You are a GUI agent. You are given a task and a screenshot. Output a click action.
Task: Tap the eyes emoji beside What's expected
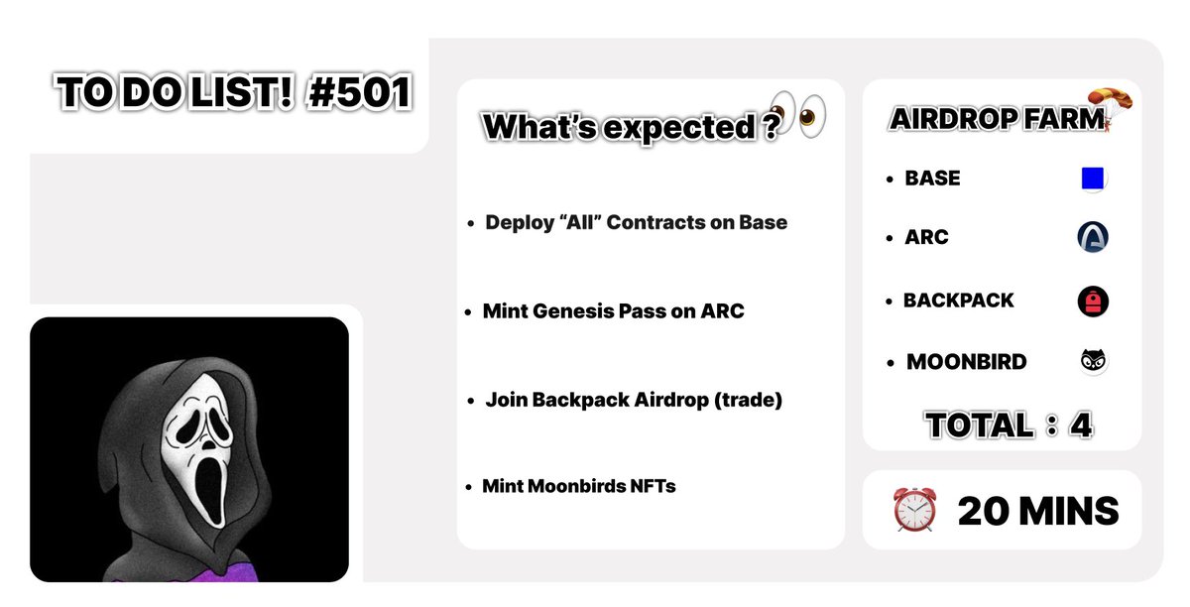[799, 114]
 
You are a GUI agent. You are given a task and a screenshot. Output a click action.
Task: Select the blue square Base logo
[1092, 179]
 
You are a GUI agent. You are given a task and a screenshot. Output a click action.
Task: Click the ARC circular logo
[1092, 237]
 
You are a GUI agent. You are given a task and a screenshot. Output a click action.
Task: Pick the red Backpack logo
[1092, 301]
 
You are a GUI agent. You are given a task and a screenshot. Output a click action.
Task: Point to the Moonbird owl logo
[1093, 362]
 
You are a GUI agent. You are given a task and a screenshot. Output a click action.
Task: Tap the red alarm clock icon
[914, 511]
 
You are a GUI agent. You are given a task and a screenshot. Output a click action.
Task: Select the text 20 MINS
[1037, 512]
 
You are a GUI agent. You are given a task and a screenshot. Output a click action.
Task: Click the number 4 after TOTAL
[1081, 425]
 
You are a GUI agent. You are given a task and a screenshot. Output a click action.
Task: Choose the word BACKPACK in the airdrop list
[958, 301]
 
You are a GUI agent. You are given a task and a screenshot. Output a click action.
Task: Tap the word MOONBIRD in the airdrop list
[966, 362]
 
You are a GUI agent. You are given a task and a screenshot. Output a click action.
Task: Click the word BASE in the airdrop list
[932, 179]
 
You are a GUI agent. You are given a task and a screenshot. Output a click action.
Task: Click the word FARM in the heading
[1066, 119]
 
